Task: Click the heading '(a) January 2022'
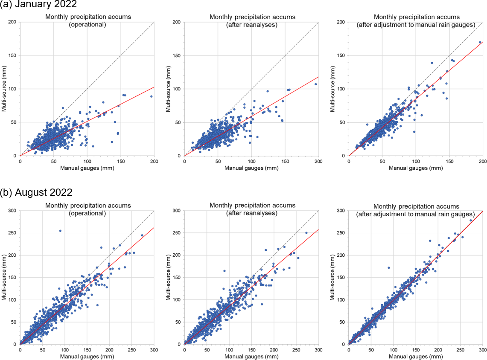[x=39, y=5]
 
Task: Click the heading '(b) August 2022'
[x=36, y=192]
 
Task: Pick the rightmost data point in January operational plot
[x=151, y=96]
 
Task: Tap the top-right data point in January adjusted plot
[x=480, y=42]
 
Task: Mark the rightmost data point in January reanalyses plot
[x=316, y=84]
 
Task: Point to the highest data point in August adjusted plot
[x=471, y=221]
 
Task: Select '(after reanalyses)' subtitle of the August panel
[x=252, y=213]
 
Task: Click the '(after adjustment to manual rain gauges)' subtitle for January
[x=416, y=25]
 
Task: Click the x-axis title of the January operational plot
[x=87, y=168]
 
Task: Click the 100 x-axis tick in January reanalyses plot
[x=251, y=161]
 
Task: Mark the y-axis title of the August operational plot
[x=3, y=277]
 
